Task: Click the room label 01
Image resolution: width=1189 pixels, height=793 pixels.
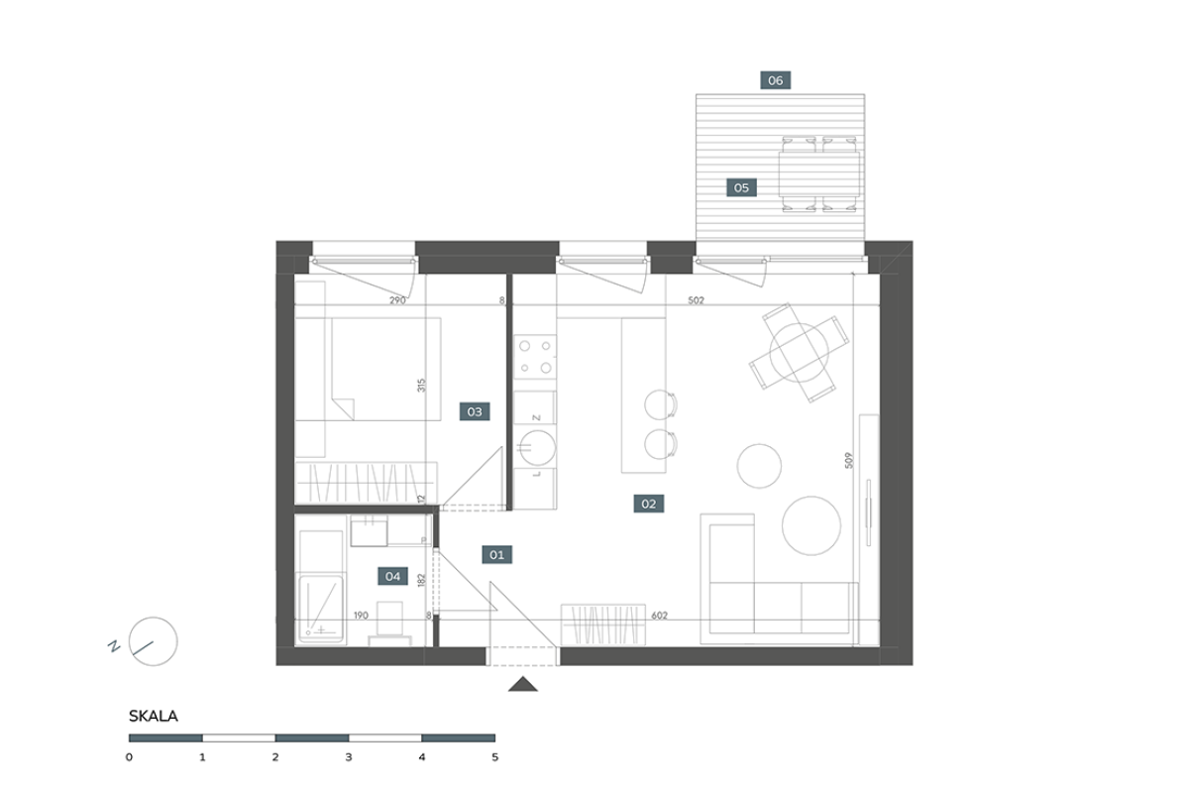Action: pos(496,555)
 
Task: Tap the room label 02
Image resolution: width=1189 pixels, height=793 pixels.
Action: pos(649,504)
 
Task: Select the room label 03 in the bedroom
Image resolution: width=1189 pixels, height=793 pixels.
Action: pos(475,411)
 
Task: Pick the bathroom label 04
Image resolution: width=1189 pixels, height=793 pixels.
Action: pos(392,576)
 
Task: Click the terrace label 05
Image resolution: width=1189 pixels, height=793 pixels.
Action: pos(741,187)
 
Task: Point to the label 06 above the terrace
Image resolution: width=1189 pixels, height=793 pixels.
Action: pos(776,80)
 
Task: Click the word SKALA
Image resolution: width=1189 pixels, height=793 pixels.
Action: pos(154,716)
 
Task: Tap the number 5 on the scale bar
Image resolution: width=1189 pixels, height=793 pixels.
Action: pos(495,757)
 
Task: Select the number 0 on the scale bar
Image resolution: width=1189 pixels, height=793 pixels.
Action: pos(129,757)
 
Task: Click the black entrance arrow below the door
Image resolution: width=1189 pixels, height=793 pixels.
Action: pos(523,684)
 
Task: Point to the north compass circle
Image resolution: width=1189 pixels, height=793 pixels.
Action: pos(154,641)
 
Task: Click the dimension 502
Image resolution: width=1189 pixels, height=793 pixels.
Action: pos(696,300)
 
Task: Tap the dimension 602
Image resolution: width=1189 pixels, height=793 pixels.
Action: pos(659,615)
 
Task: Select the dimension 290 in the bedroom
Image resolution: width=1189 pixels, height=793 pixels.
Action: pos(397,300)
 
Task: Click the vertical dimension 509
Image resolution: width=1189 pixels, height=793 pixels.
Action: pos(849,460)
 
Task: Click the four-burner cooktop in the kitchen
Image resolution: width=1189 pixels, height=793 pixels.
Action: pos(535,357)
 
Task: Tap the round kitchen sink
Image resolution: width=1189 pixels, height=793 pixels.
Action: pos(537,447)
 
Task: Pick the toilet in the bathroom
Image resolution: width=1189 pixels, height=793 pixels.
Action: pos(389,624)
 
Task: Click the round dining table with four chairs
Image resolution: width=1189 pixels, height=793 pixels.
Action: pos(799,352)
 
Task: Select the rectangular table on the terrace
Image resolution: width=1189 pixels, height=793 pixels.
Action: pos(819,174)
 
